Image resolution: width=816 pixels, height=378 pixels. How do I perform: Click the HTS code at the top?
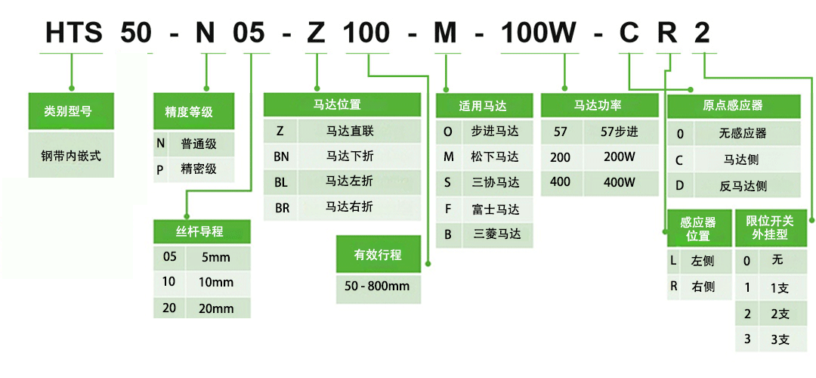click(x=73, y=33)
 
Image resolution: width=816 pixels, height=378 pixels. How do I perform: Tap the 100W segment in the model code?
click(x=538, y=33)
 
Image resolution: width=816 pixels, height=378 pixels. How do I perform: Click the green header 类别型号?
click(x=71, y=111)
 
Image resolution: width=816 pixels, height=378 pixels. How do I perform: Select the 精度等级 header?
click(x=194, y=111)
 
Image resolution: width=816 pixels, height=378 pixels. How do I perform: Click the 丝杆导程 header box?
click(x=202, y=231)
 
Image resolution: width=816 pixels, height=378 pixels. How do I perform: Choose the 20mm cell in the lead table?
click(x=218, y=308)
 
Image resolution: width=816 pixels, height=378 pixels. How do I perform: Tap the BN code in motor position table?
click(x=280, y=156)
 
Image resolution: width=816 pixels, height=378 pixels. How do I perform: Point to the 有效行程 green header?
click(x=379, y=254)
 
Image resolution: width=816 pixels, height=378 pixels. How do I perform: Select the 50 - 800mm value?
click(x=379, y=286)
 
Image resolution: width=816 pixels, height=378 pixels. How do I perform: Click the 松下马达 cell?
click(x=498, y=156)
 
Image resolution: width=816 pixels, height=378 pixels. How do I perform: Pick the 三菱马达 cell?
click(x=498, y=234)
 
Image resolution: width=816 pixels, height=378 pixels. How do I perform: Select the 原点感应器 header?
click(x=734, y=106)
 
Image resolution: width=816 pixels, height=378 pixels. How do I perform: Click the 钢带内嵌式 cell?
click(x=71, y=155)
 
